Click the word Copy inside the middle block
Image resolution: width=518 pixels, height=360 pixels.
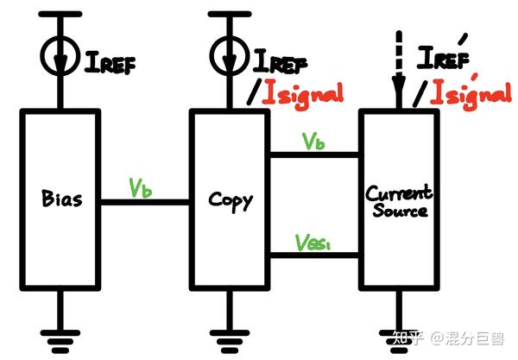pyautogui.click(x=231, y=201)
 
